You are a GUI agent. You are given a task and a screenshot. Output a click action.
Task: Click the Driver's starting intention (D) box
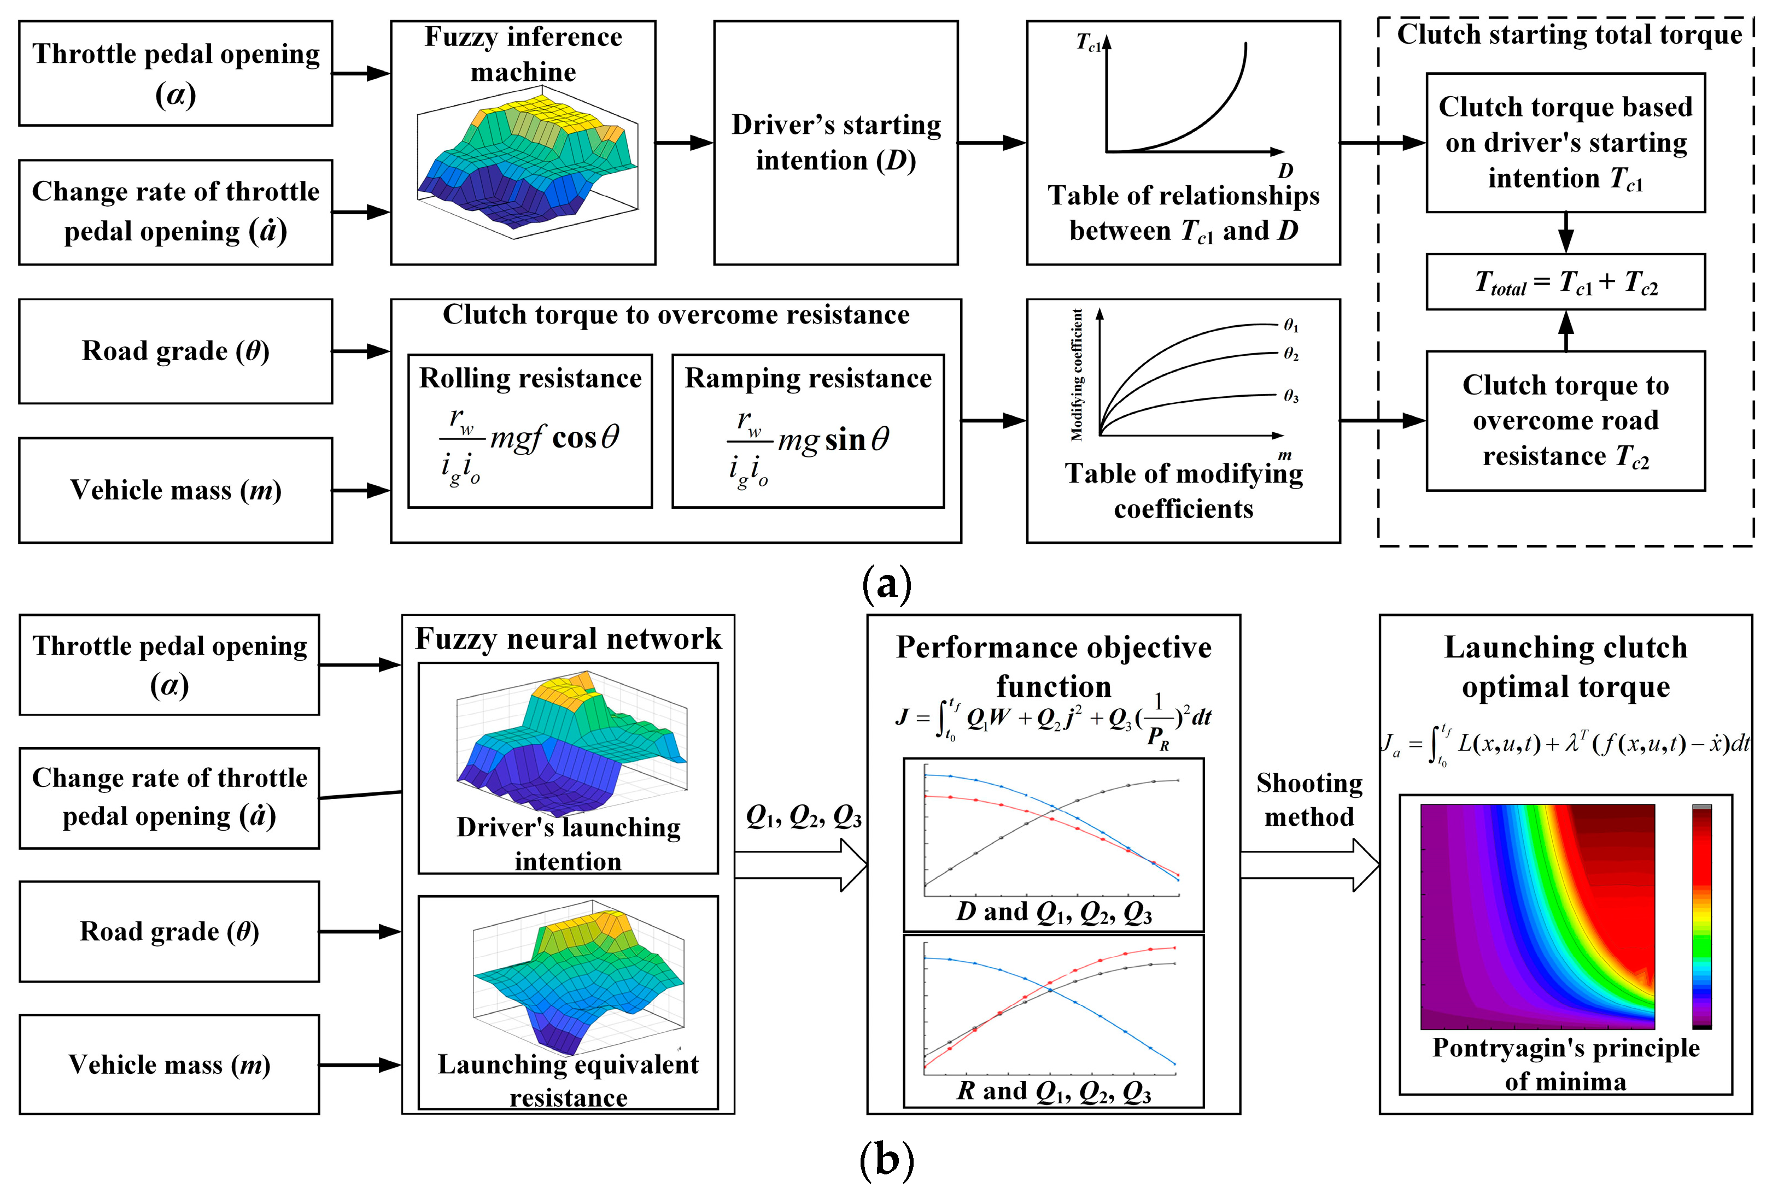click(x=835, y=143)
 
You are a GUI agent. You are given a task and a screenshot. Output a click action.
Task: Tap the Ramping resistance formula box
click(x=808, y=431)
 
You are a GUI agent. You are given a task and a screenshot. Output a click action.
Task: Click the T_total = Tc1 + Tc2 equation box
click(x=1565, y=282)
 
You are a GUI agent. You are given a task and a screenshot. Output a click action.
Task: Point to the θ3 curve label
click(x=1291, y=396)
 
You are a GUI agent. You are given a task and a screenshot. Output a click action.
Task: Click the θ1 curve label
click(x=1291, y=326)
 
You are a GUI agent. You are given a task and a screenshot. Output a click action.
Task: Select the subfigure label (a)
click(x=887, y=584)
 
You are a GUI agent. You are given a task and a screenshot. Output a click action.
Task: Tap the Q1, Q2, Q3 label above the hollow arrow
click(x=803, y=818)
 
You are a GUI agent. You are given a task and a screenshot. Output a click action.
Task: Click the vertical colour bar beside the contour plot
click(x=1701, y=916)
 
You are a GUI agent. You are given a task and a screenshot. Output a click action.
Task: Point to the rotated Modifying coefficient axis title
click(x=1077, y=375)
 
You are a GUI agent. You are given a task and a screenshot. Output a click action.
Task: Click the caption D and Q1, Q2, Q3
click(x=1054, y=912)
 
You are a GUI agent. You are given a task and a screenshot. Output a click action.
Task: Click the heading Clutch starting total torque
click(x=1569, y=35)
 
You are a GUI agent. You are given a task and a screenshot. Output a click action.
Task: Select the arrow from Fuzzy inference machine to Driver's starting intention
click(x=684, y=143)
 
